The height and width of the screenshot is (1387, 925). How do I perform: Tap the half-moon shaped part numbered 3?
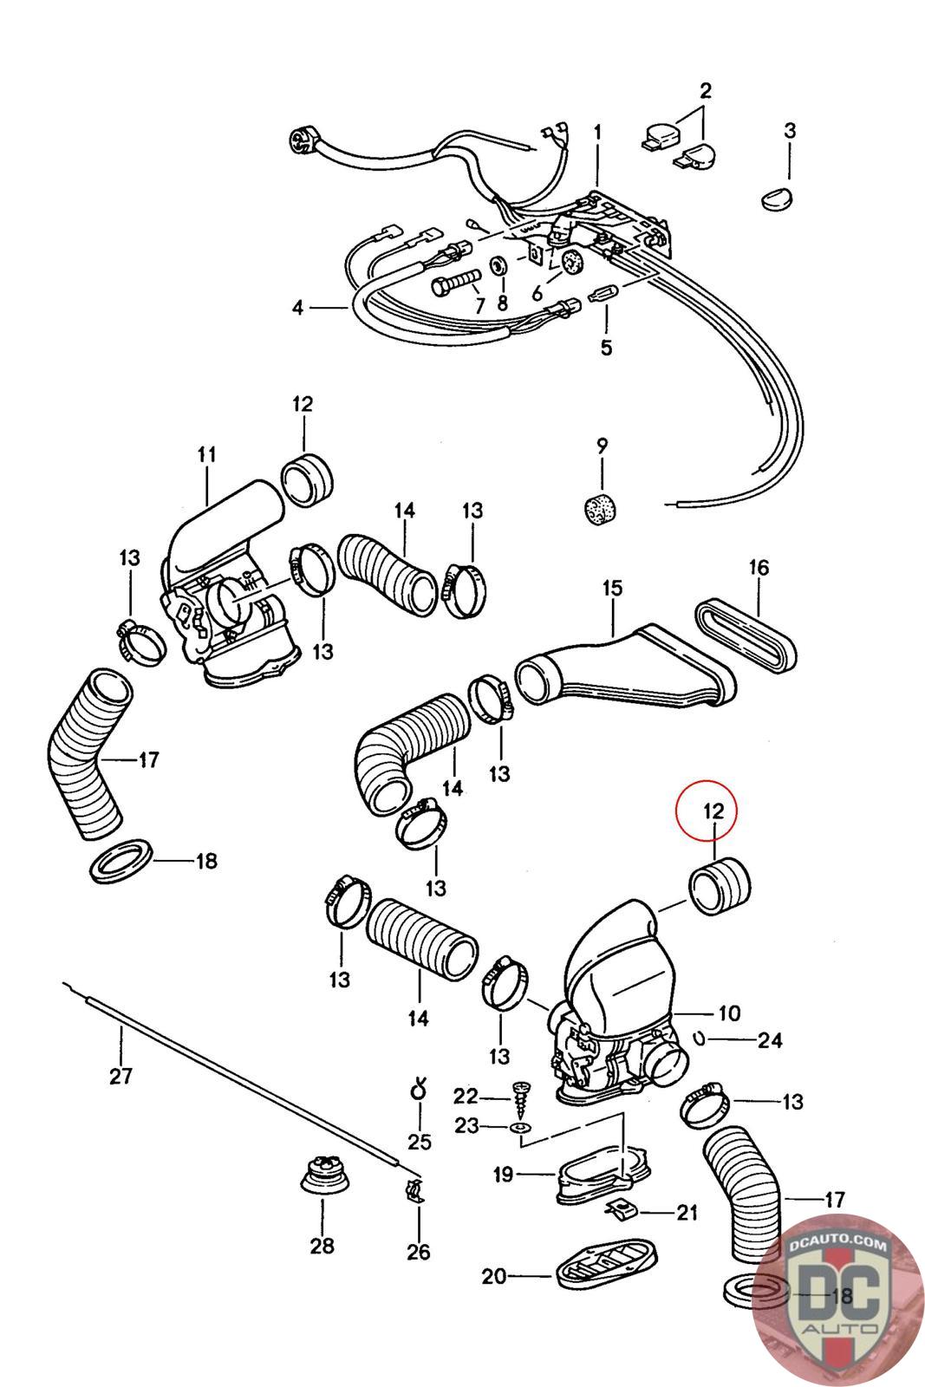pyautogui.click(x=777, y=199)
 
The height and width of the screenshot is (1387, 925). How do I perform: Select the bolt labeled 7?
pyautogui.click(x=454, y=285)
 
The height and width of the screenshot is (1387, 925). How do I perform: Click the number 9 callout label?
pyautogui.click(x=602, y=446)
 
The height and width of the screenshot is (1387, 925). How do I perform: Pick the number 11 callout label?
pyautogui.click(x=206, y=454)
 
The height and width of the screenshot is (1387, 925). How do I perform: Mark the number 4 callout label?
pyautogui.click(x=298, y=307)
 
